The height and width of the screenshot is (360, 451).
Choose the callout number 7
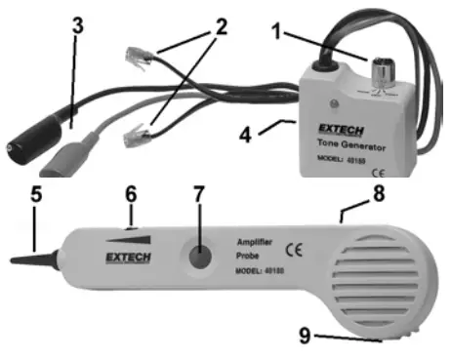(x=199, y=194)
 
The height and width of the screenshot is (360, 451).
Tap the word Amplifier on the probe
(x=256, y=239)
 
